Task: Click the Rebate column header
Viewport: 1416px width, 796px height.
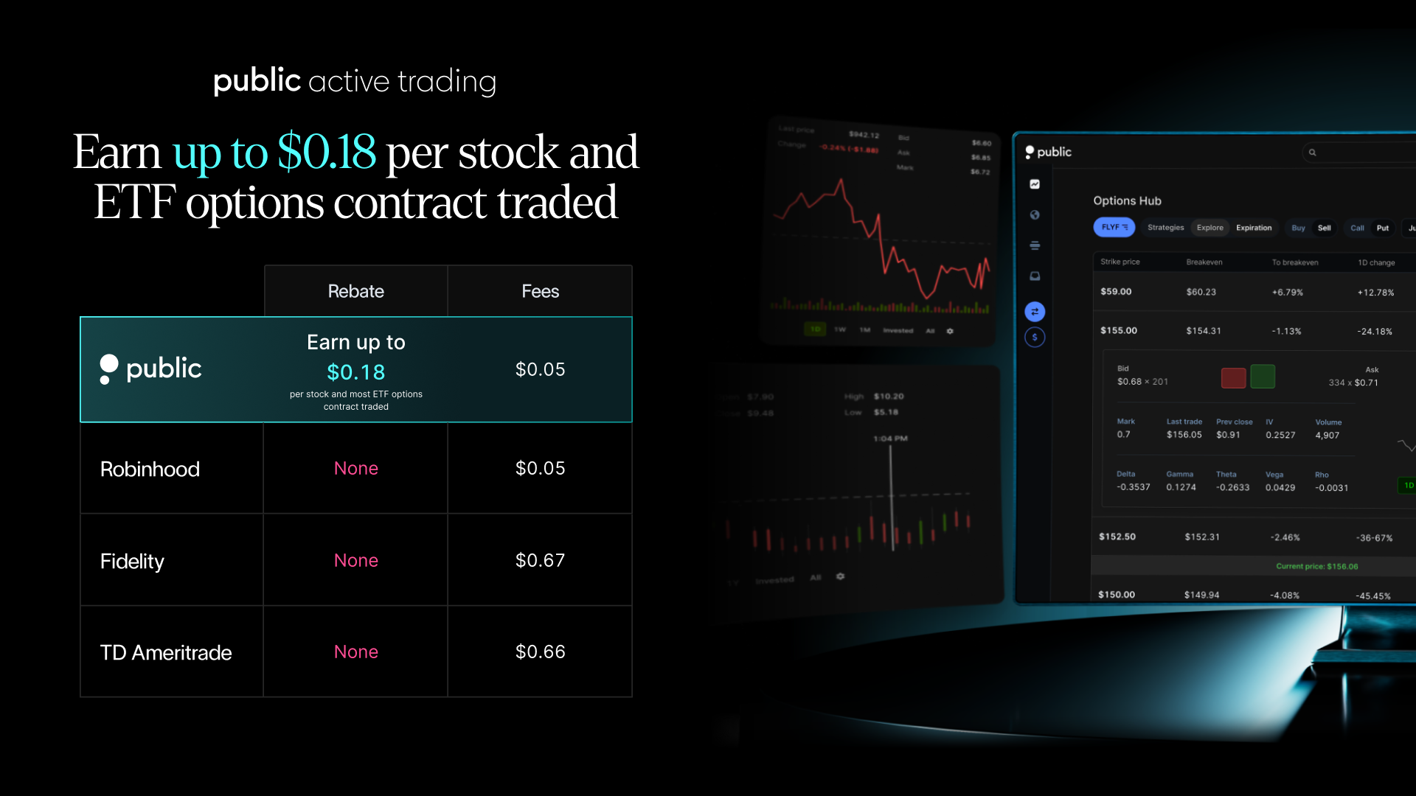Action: [355, 291]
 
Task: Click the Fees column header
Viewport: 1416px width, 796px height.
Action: [540, 291]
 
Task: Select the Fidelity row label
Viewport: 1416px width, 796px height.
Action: [132, 561]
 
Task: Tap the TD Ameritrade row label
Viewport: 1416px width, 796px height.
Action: [166, 652]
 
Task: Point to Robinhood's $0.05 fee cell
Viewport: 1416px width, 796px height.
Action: [540, 468]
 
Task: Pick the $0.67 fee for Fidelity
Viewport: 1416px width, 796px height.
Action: [540, 560]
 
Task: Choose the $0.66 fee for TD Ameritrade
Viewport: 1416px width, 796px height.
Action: [540, 652]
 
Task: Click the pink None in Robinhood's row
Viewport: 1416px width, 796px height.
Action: [355, 468]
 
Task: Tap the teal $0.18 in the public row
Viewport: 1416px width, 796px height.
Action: [355, 372]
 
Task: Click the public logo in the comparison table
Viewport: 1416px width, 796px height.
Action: [151, 369]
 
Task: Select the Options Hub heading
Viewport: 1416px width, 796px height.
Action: [1127, 200]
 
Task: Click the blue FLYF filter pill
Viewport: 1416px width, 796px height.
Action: [1114, 227]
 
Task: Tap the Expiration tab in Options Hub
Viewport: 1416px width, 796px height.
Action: [1254, 228]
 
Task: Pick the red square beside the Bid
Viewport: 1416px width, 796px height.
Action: [1233, 377]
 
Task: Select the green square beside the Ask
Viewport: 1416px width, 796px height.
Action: [1263, 377]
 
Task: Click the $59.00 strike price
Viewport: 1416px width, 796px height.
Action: [1116, 291]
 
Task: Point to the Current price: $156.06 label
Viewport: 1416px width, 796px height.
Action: [1316, 566]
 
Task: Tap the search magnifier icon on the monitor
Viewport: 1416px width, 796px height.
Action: [1313, 153]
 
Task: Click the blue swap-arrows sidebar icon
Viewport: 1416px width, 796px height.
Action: [1035, 312]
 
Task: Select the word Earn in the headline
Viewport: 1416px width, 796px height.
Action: [117, 152]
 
